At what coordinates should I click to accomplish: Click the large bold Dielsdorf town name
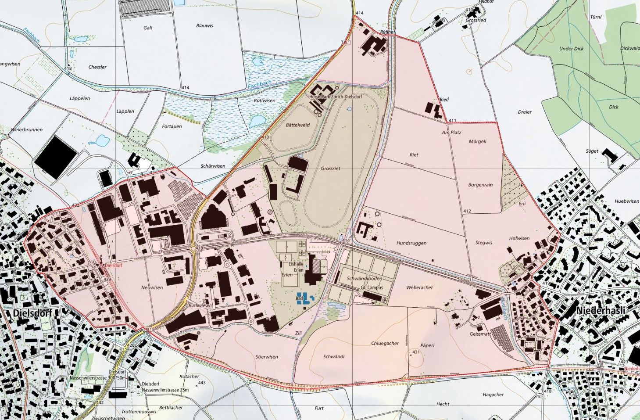click(32, 313)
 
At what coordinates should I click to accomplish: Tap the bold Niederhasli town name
click(600, 311)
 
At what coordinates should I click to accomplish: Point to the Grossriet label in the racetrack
click(330, 169)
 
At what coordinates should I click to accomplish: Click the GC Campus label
click(372, 287)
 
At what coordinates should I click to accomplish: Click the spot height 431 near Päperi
click(416, 352)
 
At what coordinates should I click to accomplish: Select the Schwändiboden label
click(364, 279)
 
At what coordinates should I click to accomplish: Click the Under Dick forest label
click(571, 49)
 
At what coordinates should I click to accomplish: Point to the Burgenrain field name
click(480, 185)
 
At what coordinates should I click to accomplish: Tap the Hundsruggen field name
click(411, 243)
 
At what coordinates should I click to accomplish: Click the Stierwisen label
click(267, 357)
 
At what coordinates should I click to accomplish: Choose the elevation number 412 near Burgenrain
click(467, 212)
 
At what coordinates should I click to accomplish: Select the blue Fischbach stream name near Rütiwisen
click(259, 84)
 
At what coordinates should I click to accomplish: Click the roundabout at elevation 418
click(194, 249)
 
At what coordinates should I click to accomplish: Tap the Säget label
click(592, 151)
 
